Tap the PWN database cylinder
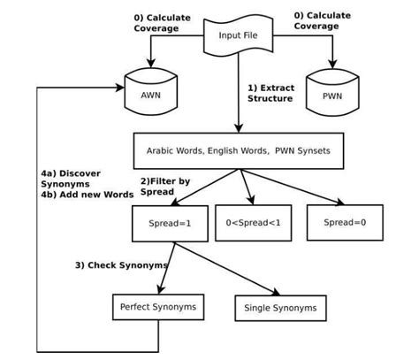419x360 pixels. click(331, 91)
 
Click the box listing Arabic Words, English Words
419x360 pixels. click(239, 151)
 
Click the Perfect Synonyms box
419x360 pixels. click(158, 307)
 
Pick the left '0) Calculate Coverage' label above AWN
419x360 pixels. click(156, 22)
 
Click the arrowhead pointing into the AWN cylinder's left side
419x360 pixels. click(120, 88)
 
